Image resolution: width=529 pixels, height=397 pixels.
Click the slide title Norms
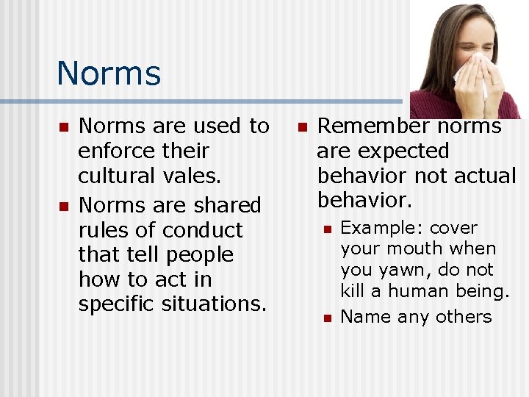tap(108, 74)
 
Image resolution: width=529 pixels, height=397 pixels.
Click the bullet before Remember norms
tap(301, 127)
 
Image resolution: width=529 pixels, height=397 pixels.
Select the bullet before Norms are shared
tap(64, 206)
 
